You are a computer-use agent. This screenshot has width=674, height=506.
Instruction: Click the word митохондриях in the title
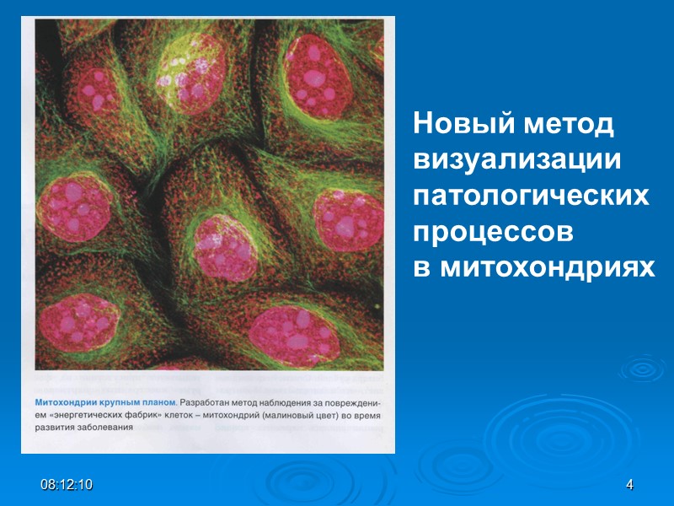coord(546,267)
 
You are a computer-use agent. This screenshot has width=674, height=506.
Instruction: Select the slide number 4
coord(629,485)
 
